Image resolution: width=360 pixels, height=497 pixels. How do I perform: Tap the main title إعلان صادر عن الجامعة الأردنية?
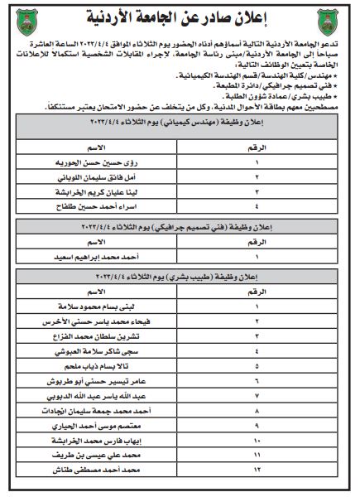(x=181, y=17)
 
